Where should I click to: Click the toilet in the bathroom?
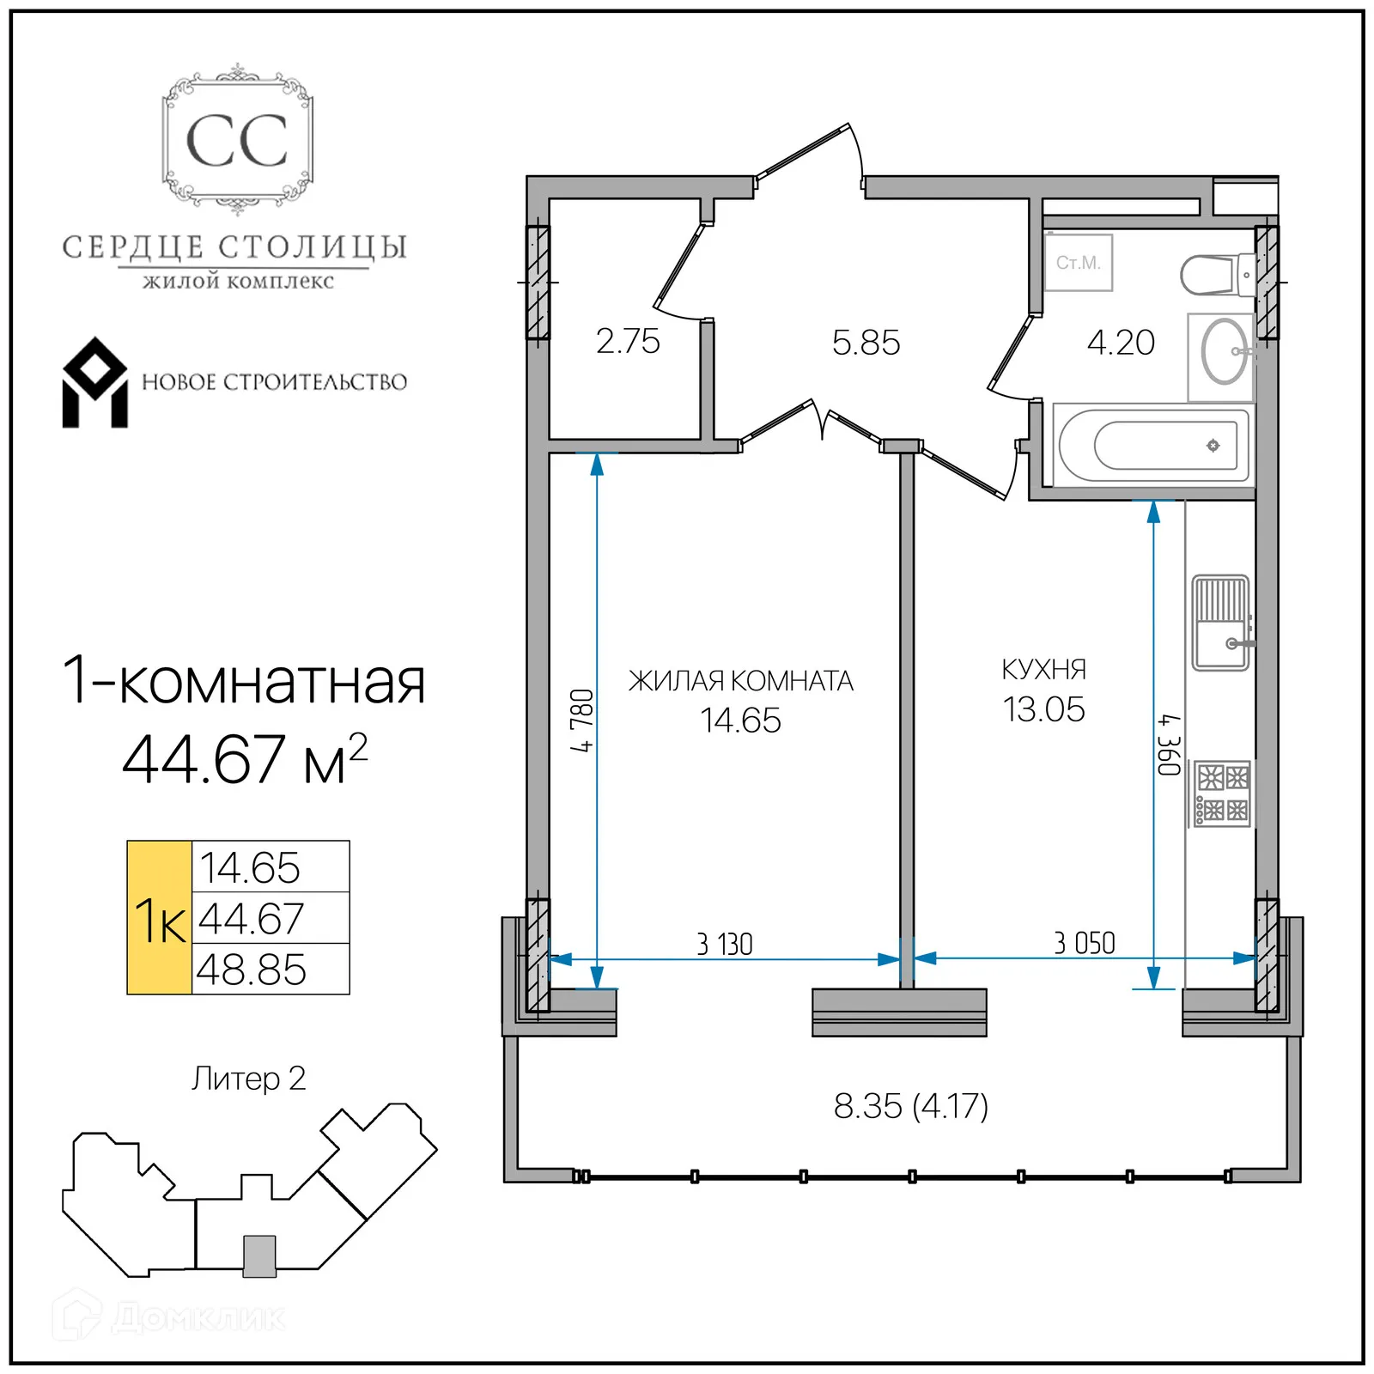tap(1214, 275)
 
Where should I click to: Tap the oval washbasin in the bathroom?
tap(1223, 351)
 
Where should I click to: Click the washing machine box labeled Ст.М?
tap(1078, 263)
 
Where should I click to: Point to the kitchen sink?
tap(1220, 623)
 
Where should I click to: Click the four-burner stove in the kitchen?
tap(1223, 794)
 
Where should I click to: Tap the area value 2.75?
tap(628, 342)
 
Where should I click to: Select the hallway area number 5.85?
tap(866, 343)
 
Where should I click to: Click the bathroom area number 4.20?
tap(1121, 343)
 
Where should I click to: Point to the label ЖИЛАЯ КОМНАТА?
tap(740, 681)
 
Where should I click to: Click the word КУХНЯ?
tap(1043, 670)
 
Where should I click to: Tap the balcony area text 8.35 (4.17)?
tap(910, 1106)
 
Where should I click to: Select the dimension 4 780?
tap(581, 720)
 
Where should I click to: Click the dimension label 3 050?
tap(1084, 943)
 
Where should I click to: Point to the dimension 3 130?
tap(724, 945)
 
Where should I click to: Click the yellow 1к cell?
tap(160, 918)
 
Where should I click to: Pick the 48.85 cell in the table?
tap(252, 970)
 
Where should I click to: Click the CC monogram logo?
tap(237, 141)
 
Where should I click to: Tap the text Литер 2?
tap(248, 1079)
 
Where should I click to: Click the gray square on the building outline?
tap(259, 1256)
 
